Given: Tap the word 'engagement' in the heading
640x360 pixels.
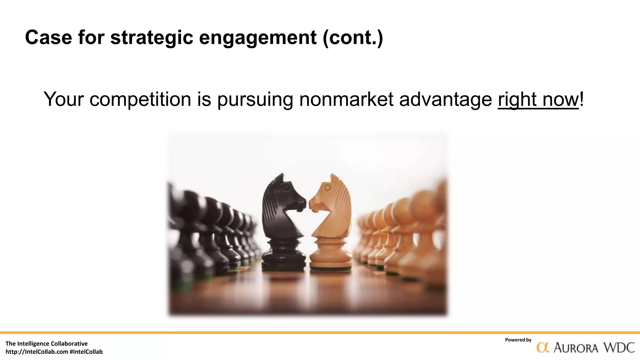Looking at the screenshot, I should (x=258, y=37).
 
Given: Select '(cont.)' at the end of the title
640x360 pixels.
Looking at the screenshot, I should (x=353, y=37).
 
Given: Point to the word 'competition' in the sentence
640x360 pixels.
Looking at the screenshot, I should (x=140, y=99).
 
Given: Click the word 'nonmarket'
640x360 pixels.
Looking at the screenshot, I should (x=346, y=99).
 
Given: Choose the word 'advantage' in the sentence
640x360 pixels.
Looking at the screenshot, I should (x=446, y=99).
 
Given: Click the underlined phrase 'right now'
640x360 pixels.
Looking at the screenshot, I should (x=538, y=99).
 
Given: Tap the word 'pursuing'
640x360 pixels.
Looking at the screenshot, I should (x=255, y=99).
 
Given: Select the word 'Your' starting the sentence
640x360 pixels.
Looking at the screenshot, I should (x=64, y=99).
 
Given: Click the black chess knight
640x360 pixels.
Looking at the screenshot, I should (x=283, y=212).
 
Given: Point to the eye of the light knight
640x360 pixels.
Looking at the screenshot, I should (x=327, y=188).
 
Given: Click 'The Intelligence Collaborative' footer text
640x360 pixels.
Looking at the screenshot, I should (x=47, y=344).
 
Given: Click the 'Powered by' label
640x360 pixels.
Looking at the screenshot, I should (x=518, y=340).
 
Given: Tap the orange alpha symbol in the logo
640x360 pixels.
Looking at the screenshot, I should (x=543, y=348).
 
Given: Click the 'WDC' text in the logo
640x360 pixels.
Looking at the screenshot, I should (x=619, y=348).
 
